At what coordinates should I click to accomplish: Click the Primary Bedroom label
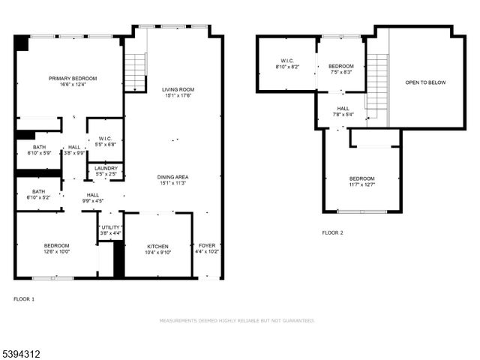[x=69, y=78]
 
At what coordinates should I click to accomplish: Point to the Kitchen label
[x=157, y=246]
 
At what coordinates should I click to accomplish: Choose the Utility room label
[x=111, y=227]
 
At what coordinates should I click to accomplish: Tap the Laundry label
[x=105, y=168]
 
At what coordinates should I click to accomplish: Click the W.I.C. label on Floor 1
[x=105, y=138]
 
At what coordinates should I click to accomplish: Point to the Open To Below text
[x=425, y=82]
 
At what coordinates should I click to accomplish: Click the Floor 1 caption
[x=24, y=299]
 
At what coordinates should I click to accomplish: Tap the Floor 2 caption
[x=332, y=233]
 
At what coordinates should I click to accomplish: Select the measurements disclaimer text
[x=236, y=320]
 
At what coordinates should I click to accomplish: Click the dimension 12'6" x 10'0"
[x=56, y=252]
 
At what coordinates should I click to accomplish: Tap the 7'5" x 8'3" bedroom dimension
[x=340, y=72]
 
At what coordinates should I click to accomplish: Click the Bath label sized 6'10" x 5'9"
[x=39, y=147]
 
